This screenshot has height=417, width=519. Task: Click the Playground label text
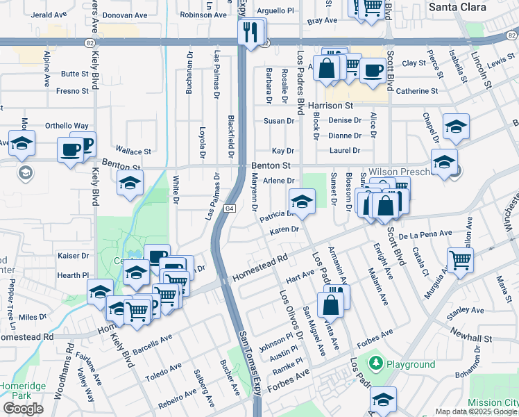[411, 364]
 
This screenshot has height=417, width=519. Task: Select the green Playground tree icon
[376, 363]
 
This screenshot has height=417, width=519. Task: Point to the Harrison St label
[331, 106]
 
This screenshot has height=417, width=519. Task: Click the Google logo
[24, 408]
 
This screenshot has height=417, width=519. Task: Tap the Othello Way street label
[67, 126]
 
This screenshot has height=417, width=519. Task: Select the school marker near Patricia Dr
[302, 202]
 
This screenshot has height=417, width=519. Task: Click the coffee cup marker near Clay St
[373, 70]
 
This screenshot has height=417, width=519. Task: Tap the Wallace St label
[133, 151]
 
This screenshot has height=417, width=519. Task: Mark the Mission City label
[493, 402]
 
